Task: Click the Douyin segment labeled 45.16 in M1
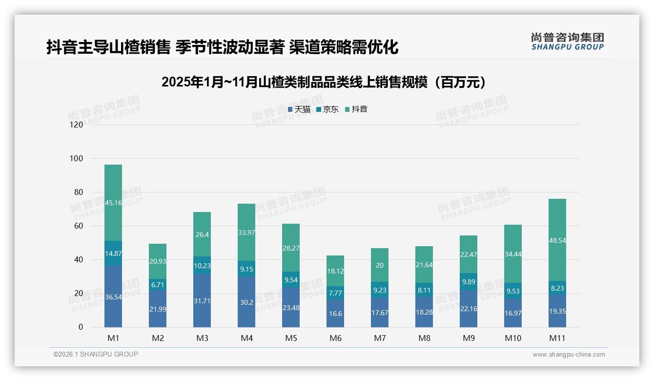pyautogui.click(x=113, y=202)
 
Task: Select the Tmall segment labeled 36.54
pyautogui.click(x=113, y=296)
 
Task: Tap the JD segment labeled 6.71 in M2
pyautogui.click(x=158, y=285)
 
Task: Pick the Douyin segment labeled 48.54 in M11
pyautogui.click(x=557, y=240)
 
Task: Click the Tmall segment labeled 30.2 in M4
pyautogui.click(x=246, y=302)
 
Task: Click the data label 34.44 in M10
pyautogui.click(x=512, y=254)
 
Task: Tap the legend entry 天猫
pyautogui.click(x=299, y=109)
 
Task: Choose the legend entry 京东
pyautogui.click(x=327, y=109)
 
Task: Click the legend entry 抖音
pyautogui.click(x=356, y=109)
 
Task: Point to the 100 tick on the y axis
pyautogui.click(x=77, y=159)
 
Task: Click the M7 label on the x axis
pyautogui.click(x=380, y=338)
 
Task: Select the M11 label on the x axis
pyautogui.click(x=557, y=338)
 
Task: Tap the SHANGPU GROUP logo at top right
pyautogui.click(x=567, y=42)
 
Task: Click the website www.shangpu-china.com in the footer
pyautogui.click(x=569, y=355)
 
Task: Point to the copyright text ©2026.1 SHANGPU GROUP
pyautogui.click(x=96, y=354)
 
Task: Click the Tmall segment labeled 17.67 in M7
pyautogui.click(x=380, y=313)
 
